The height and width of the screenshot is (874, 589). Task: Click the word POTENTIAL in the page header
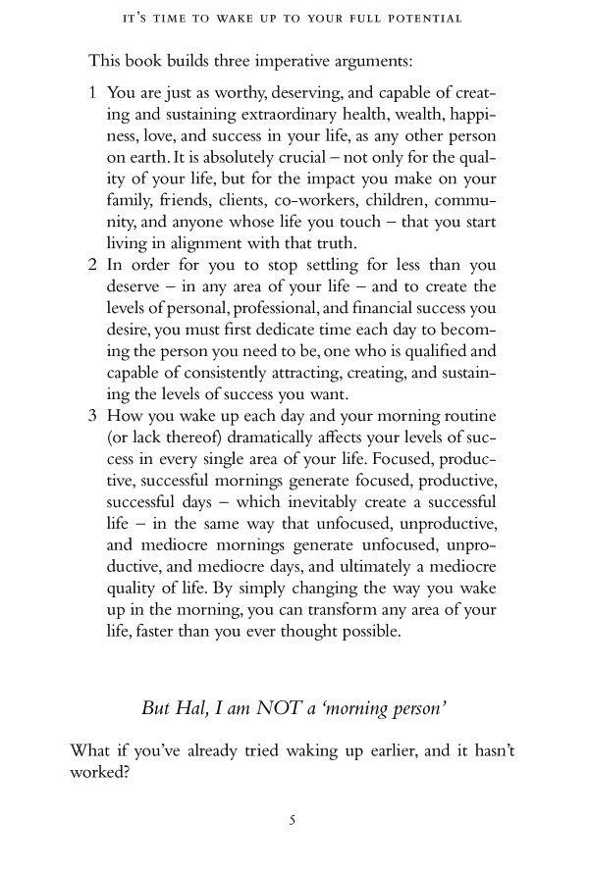click(x=427, y=19)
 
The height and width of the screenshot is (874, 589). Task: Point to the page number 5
click(x=293, y=821)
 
